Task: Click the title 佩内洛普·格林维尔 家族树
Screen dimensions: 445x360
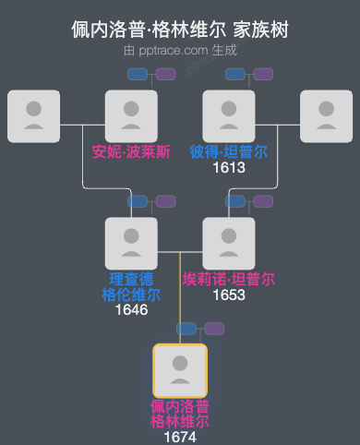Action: [x=180, y=30]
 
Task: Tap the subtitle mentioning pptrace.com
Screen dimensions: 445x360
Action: [x=180, y=50]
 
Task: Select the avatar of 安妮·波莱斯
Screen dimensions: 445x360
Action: [x=131, y=116]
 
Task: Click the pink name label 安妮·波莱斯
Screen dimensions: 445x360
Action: [x=131, y=151]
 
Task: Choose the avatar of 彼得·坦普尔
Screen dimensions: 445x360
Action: [x=228, y=116]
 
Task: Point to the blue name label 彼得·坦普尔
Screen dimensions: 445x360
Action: [x=228, y=151]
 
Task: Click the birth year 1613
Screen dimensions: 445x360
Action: [x=228, y=167]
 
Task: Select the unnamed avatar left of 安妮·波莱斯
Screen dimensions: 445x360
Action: [x=33, y=116]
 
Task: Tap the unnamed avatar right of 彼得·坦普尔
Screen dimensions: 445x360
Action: [x=326, y=116]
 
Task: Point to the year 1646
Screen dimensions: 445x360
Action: [x=131, y=310]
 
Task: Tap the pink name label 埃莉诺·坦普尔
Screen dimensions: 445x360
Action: [x=228, y=279]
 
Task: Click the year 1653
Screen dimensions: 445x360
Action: [x=228, y=295]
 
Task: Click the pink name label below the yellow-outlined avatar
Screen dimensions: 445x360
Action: [x=180, y=414]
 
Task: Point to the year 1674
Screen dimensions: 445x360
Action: [x=180, y=437]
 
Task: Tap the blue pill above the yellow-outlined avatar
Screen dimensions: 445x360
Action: [x=187, y=328]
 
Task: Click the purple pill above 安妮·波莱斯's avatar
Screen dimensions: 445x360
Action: [x=166, y=73]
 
